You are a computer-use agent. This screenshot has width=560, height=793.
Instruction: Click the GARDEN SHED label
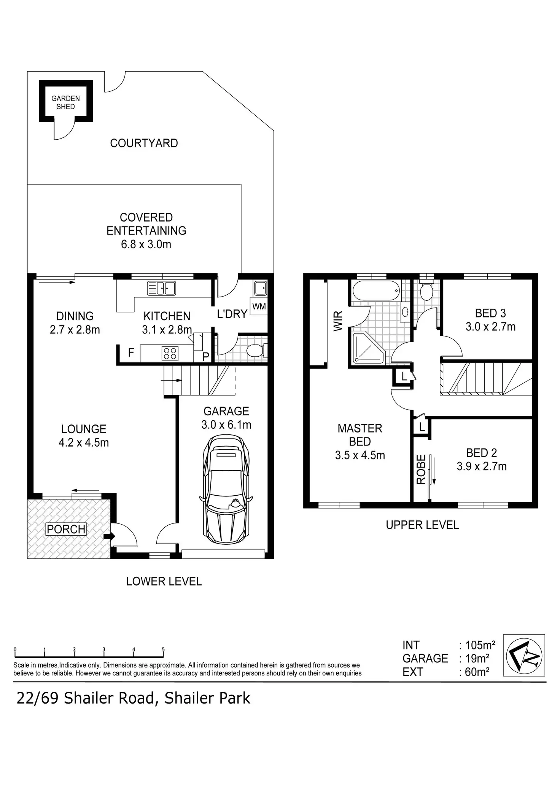point(65,102)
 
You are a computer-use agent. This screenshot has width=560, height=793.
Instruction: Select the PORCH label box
point(66,529)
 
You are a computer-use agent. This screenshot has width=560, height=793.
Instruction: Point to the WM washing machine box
point(259,306)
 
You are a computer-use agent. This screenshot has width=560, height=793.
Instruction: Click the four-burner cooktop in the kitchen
point(170,353)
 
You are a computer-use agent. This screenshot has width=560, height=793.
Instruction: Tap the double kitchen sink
point(161,288)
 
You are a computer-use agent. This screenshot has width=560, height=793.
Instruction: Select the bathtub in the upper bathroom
point(376,291)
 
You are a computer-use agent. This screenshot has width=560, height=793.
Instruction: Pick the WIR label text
point(338,321)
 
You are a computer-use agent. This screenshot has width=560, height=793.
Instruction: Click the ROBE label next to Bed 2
point(421,469)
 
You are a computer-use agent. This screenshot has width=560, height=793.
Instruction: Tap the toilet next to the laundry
point(256,350)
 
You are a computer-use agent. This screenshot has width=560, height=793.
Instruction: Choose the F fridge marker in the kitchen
point(131,353)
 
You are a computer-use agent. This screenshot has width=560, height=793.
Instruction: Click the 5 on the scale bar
point(163,649)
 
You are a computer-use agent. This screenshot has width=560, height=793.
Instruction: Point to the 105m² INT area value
point(480,645)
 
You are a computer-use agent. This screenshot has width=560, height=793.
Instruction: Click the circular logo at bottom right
point(524,655)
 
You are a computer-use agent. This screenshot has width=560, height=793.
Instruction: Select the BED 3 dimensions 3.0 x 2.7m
point(490,327)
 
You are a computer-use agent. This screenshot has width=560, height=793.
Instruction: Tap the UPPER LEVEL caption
point(422,525)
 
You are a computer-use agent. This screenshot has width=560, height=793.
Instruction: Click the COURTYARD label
point(144,143)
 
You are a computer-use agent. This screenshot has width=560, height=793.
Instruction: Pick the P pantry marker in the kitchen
point(206,356)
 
